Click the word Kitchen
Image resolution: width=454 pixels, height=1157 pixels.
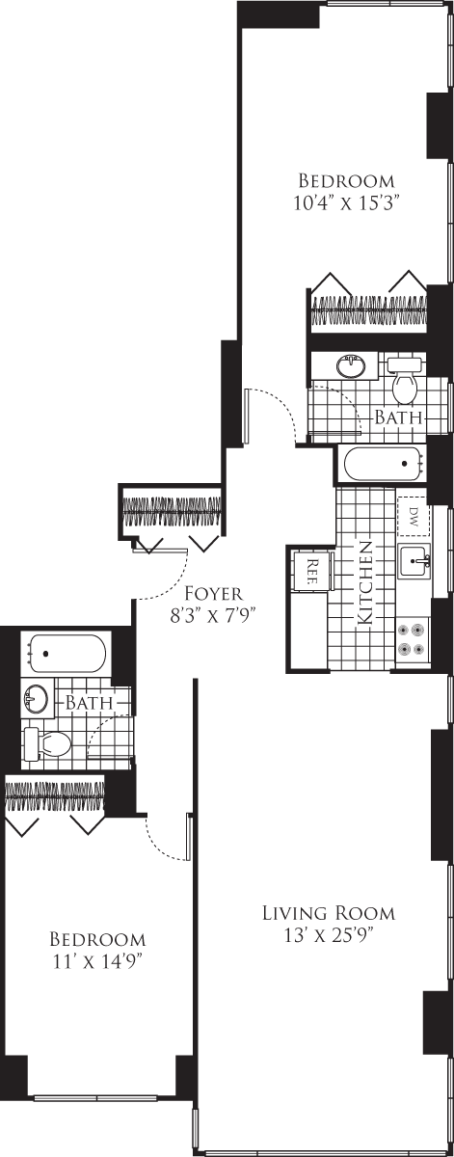366,582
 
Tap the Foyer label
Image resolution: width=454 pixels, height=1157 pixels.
213,593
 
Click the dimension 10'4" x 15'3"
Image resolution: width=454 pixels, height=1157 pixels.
346,202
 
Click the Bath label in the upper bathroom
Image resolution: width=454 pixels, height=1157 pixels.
398,417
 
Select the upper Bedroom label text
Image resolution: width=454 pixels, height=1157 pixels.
346,181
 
